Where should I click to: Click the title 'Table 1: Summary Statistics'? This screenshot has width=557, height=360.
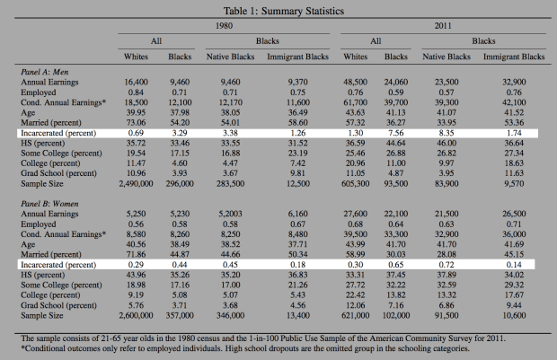(x=284, y=11)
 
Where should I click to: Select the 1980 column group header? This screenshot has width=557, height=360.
(x=224, y=26)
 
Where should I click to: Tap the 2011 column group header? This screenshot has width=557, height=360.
(x=443, y=26)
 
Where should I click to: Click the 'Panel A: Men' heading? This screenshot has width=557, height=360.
(x=44, y=72)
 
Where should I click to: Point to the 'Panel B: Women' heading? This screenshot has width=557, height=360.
(x=49, y=204)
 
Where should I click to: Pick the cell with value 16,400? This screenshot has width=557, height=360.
(x=136, y=82)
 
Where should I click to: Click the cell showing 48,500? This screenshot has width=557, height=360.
(x=355, y=82)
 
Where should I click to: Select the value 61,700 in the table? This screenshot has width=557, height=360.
(x=355, y=102)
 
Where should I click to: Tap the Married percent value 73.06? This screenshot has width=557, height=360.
(x=136, y=123)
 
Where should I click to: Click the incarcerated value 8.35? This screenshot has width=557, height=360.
(x=446, y=133)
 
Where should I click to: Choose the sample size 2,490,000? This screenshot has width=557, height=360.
(x=136, y=183)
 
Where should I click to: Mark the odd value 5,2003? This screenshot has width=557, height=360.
(x=230, y=214)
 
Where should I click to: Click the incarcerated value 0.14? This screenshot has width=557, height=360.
(x=514, y=265)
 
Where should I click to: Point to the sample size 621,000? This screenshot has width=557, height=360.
(x=355, y=315)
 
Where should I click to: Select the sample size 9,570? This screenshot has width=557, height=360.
(x=514, y=183)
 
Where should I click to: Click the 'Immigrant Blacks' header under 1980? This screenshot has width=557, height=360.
(x=297, y=57)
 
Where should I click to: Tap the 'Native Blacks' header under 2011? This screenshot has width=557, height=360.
(x=446, y=57)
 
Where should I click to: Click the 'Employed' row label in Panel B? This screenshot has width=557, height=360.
(x=39, y=224)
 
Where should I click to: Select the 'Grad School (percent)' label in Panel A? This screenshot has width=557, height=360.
(x=58, y=173)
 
